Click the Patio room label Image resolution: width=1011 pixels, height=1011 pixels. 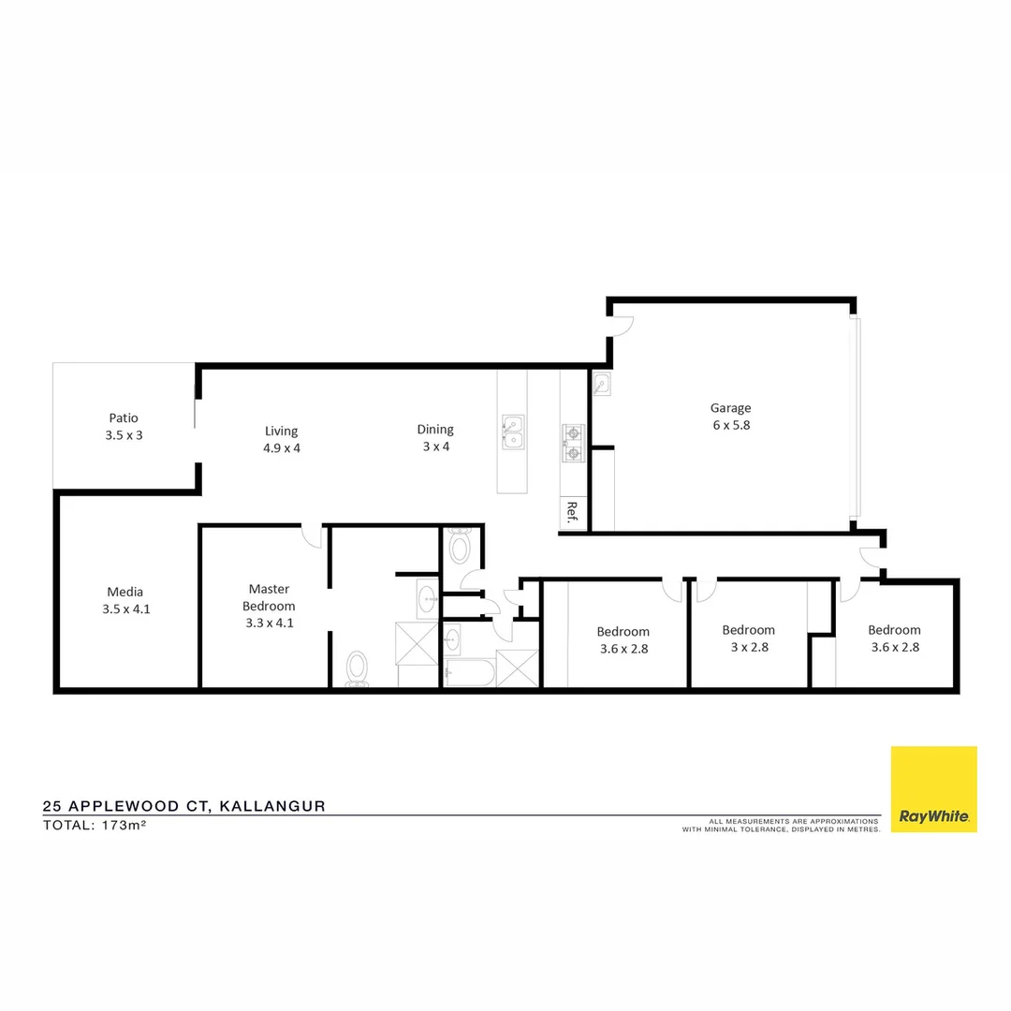tap(124, 418)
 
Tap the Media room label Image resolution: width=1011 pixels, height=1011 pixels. tap(125, 592)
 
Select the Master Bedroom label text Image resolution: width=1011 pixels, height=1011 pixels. tap(269, 597)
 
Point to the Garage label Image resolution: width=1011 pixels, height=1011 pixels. tap(730, 407)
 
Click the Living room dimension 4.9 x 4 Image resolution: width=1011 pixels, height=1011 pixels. tap(281, 447)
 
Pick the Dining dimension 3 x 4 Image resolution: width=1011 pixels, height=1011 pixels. tap(435, 446)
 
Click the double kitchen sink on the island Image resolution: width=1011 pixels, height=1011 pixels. tap(512, 432)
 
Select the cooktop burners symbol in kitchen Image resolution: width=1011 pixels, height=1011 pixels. tap(572, 444)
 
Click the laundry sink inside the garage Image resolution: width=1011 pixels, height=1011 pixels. tap(601, 384)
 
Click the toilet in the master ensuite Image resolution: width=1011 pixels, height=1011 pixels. tap(357, 668)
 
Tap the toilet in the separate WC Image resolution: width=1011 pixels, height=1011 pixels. tap(460, 547)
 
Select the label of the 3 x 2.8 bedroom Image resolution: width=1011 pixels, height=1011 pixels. tap(748, 630)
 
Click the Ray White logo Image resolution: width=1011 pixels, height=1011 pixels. tap(933, 789)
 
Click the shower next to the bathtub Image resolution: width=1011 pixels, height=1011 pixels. tap(518, 667)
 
